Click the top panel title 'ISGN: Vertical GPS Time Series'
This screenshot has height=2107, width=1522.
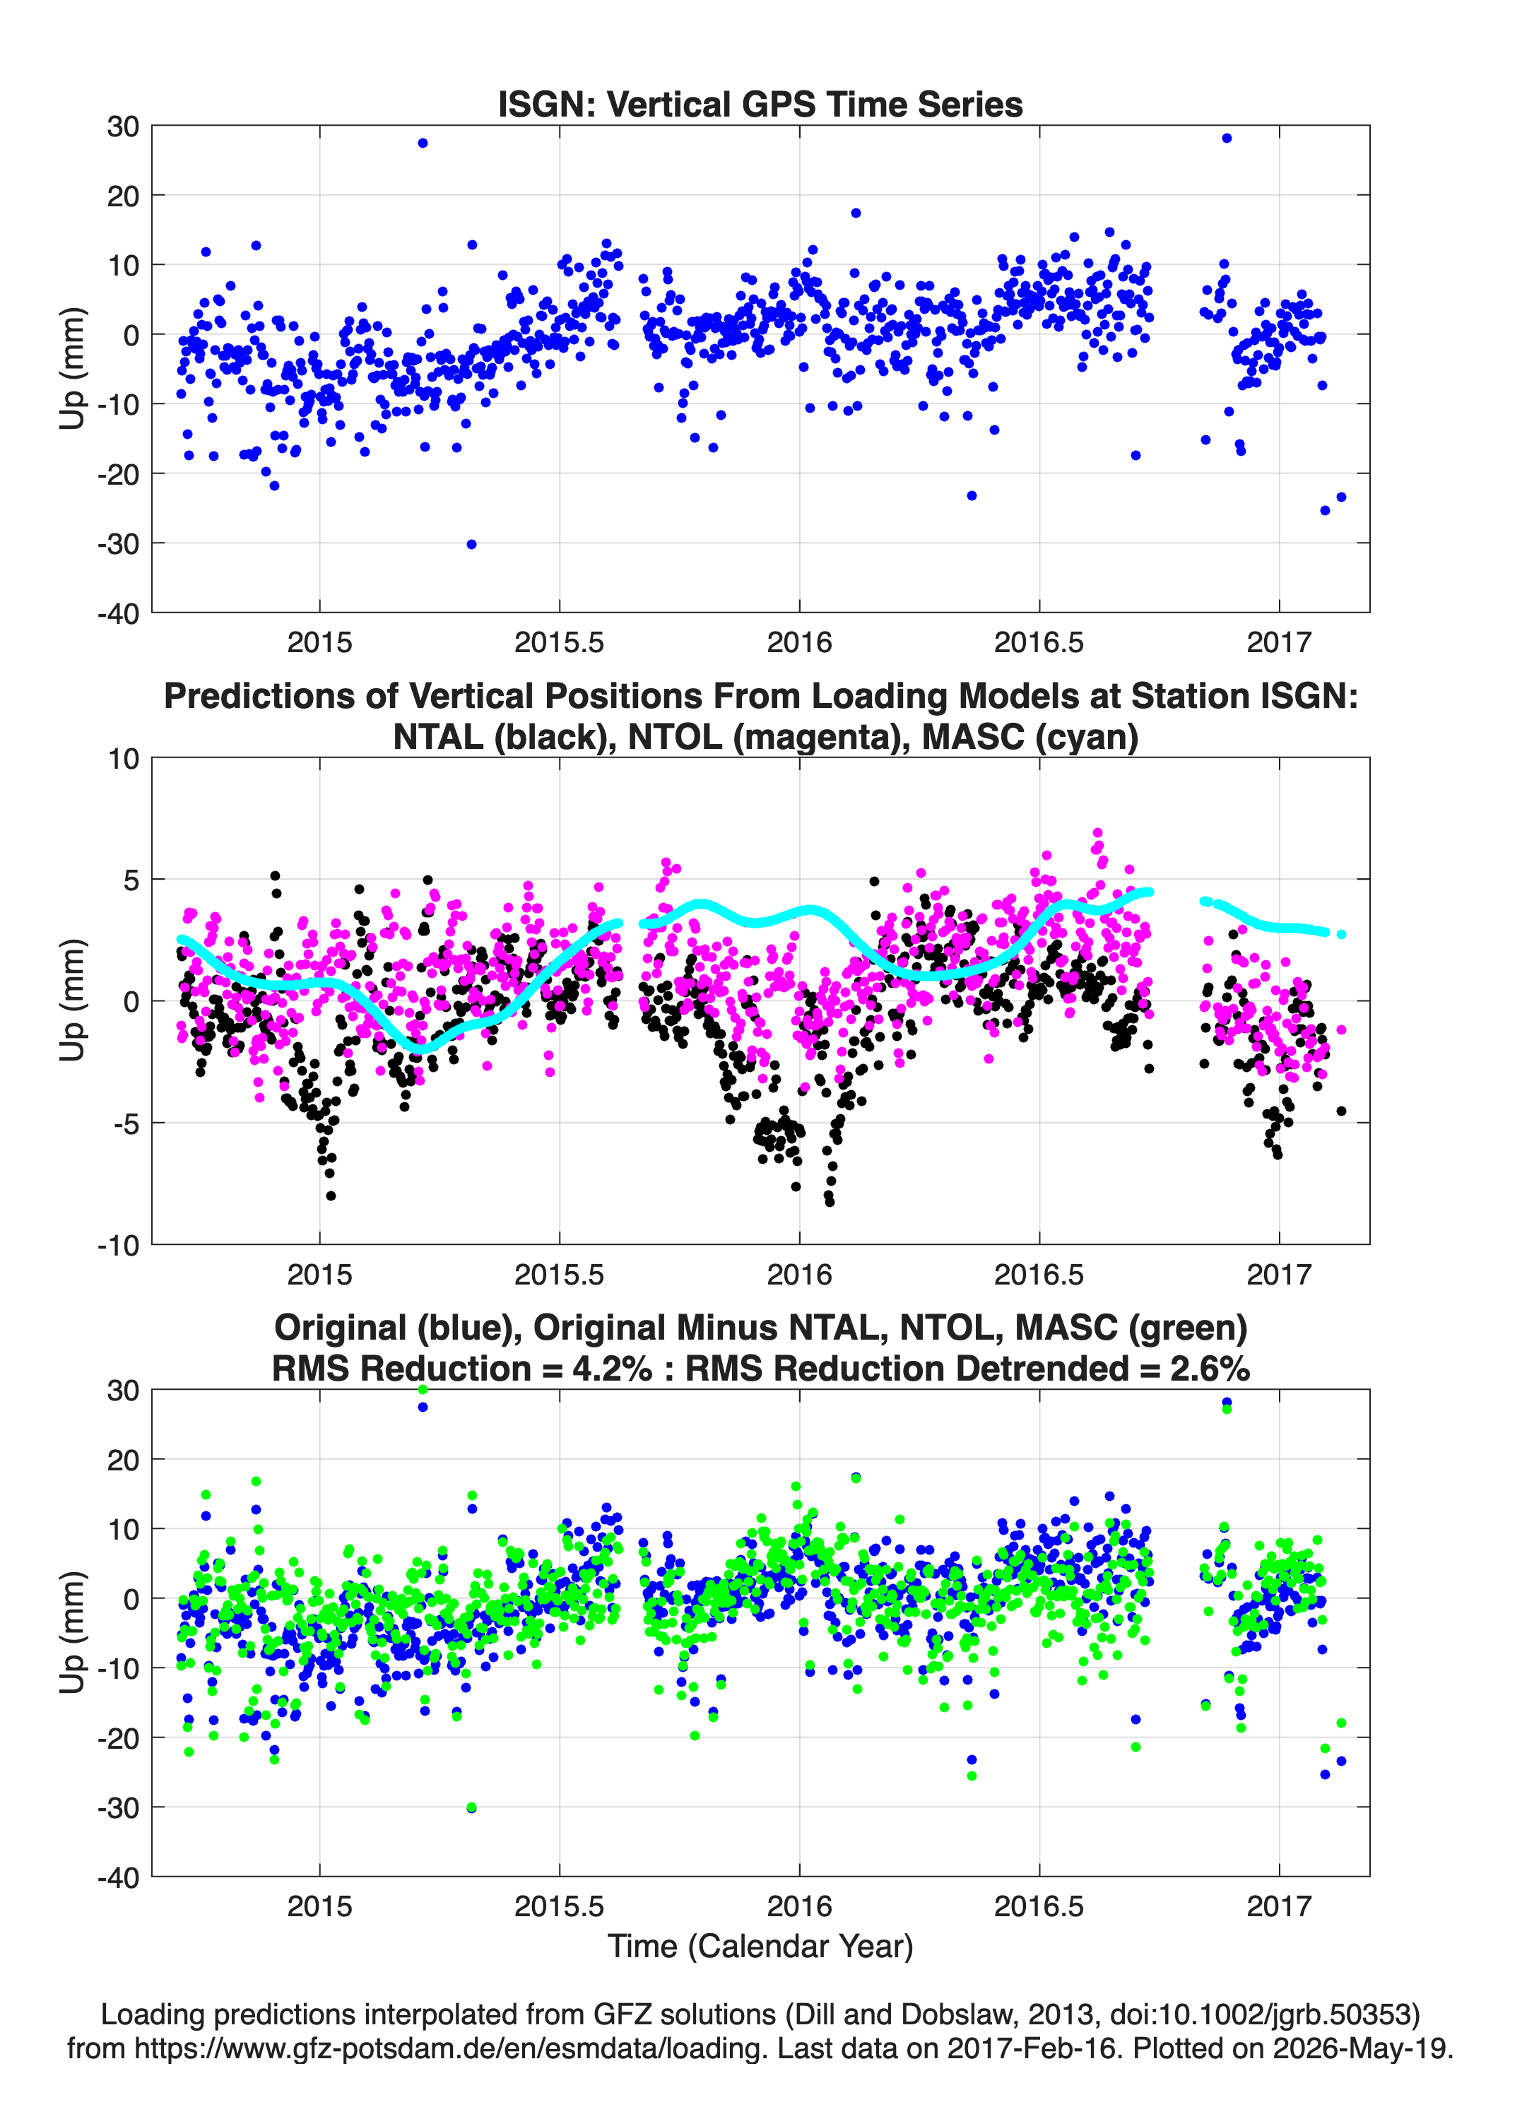760,104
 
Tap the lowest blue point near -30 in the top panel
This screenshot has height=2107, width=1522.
471,544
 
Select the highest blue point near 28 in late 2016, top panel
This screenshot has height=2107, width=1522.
1227,138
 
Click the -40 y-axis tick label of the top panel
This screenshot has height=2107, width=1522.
118,613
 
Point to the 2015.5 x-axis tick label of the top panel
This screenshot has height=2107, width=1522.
560,642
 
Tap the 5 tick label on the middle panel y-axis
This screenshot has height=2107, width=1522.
131,880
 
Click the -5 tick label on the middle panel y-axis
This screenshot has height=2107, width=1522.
124,1124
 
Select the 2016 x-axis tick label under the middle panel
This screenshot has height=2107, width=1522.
799,1275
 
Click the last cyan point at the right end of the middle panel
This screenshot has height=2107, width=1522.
1341,935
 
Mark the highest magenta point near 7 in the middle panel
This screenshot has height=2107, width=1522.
1097,833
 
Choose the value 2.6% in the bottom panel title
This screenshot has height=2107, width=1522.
1209,1369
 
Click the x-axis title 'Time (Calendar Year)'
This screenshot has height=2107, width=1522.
760,1947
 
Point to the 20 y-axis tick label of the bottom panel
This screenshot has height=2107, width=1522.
124,1460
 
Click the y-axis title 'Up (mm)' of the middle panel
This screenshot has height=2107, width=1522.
73,1001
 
